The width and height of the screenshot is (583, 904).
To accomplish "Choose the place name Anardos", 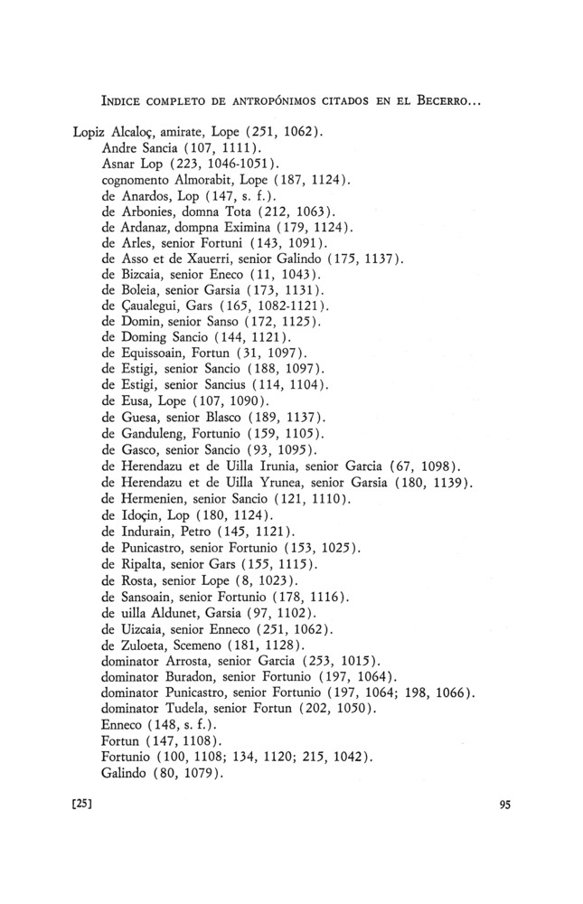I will coord(147,197).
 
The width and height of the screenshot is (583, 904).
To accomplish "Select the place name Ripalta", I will coord(146,564).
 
